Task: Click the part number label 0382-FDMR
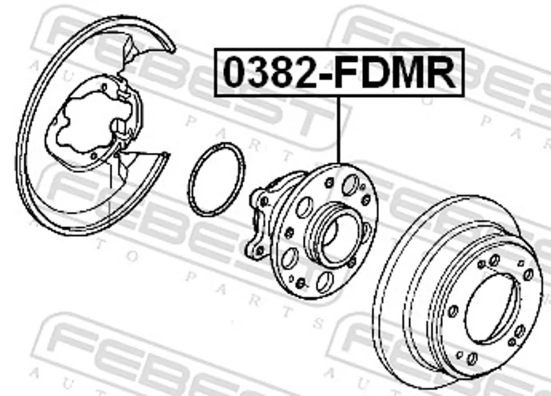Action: [340, 72]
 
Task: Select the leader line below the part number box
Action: [339, 130]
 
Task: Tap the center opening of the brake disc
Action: [492, 309]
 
